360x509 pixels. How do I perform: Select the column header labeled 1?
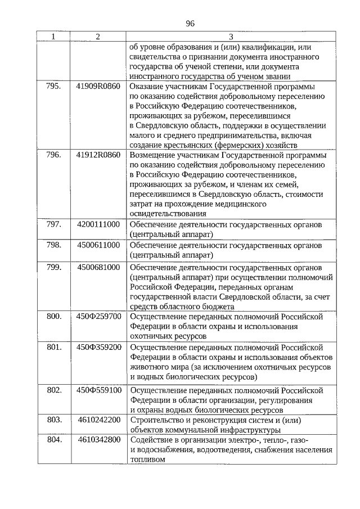coord(53,37)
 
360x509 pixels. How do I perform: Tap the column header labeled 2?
coord(98,37)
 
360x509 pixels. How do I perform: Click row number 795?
coord(53,87)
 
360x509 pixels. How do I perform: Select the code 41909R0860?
coord(98,87)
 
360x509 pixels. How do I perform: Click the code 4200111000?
coord(98,224)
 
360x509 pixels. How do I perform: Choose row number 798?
coord(53,245)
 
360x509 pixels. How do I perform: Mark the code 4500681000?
coord(98,267)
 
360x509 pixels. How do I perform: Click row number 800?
coord(53,316)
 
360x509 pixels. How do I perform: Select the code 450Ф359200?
coord(98,347)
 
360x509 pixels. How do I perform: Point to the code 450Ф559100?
coord(98,390)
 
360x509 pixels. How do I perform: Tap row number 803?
coord(53,420)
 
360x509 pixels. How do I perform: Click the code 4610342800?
coord(98,439)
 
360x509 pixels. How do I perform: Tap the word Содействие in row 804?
coord(150,439)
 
